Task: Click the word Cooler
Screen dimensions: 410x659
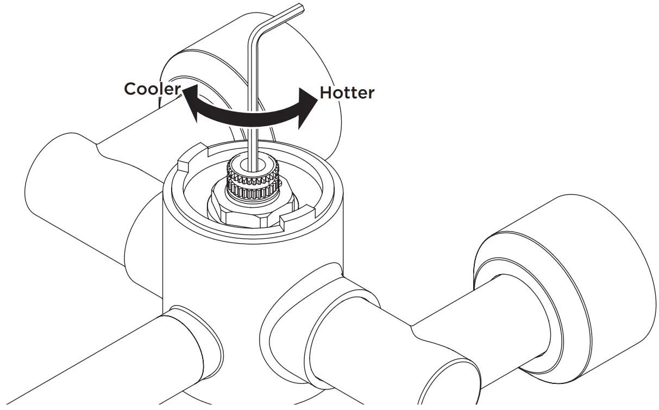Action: coord(152,89)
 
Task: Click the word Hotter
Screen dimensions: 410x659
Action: coord(347,93)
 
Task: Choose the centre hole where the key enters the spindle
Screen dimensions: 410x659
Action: coord(254,164)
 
